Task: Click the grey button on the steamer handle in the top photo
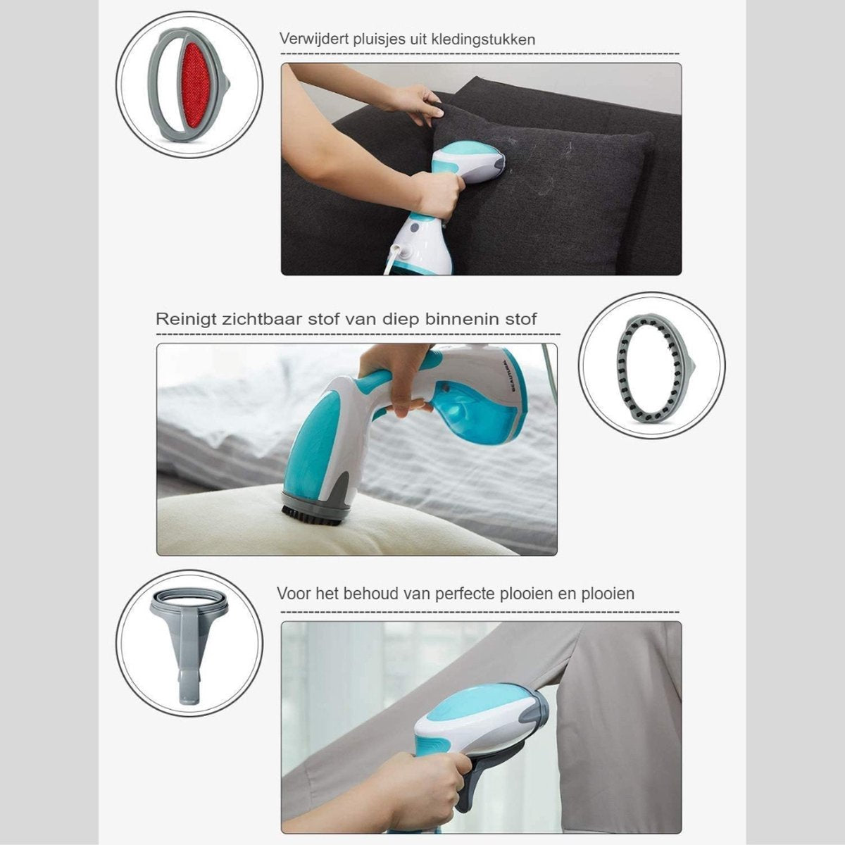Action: coord(415,227)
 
